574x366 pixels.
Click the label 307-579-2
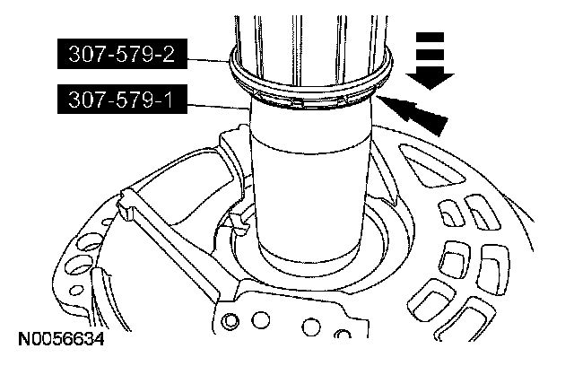click(x=122, y=54)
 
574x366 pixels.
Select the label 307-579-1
click(x=122, y=99)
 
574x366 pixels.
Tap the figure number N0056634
click(x=62, y=339)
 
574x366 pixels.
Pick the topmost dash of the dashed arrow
click(x=430, y=37)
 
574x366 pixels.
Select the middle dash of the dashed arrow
click(x=430, y=55)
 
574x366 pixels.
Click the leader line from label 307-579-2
click(x=209, y=60)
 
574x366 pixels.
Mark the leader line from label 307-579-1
click(x=219, y=107)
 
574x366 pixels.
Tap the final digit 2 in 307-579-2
click(x=168, y=54)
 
